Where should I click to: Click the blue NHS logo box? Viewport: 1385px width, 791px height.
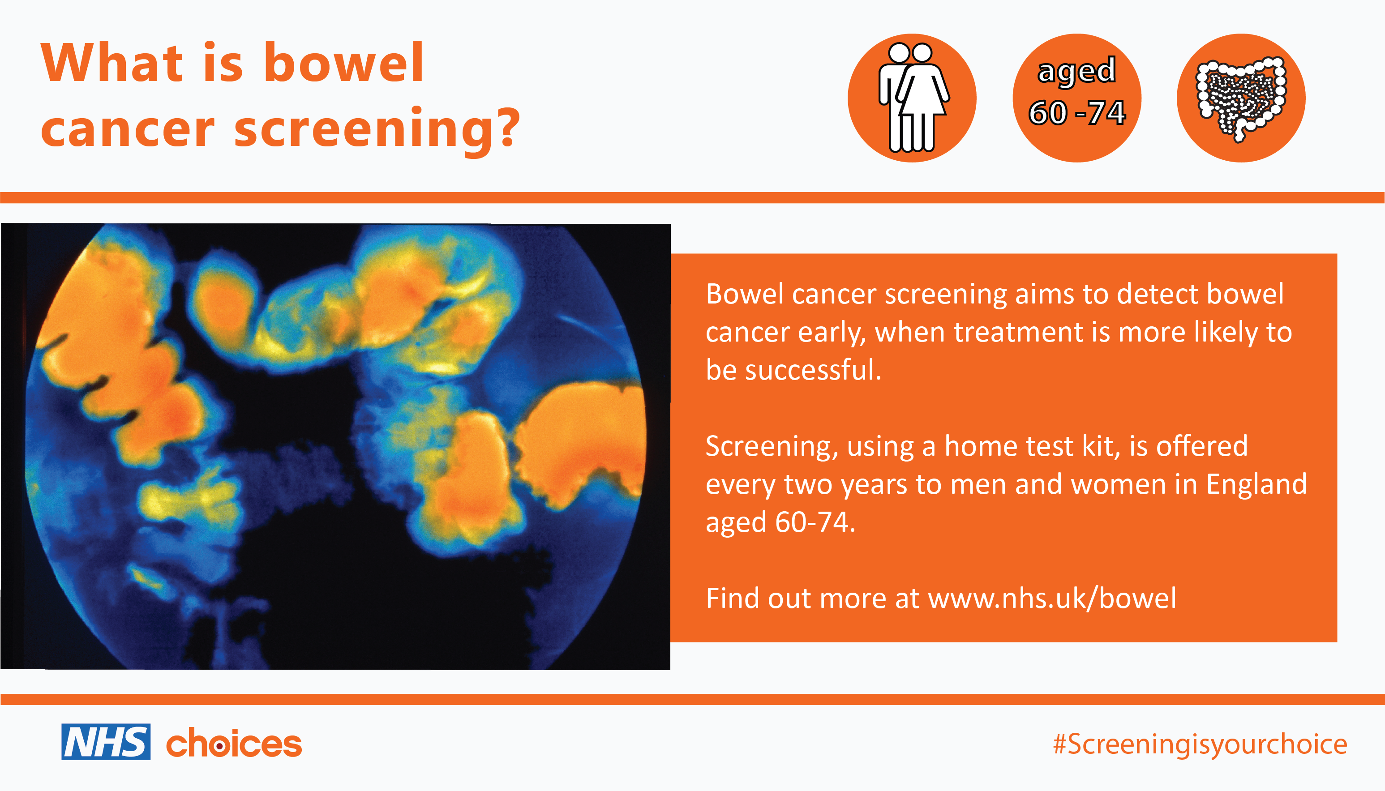tap(106, 742)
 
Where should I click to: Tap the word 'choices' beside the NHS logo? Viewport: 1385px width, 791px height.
tap(234, 743)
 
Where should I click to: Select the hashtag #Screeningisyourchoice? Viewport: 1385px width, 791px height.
tap(1200, 745)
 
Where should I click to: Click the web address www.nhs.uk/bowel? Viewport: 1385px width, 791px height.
tap(1052, 598)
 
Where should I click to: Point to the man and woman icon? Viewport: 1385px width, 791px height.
tap(913, 98)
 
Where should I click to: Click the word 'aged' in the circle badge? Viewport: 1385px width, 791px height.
tap(1077, 71)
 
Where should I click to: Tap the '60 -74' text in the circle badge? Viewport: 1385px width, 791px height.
tap(1077, 113)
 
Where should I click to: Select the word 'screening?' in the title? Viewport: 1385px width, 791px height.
tap(377, 129)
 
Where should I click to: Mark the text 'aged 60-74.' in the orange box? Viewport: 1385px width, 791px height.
tap(780, 522)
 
